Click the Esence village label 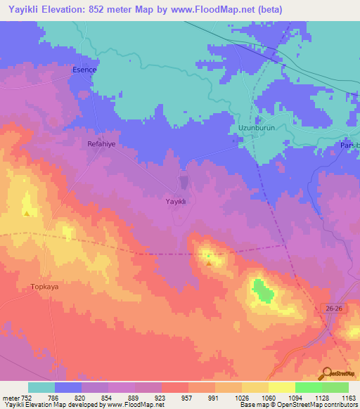click(x=84, y=71)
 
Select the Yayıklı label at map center click(x=175, y=201)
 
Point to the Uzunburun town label click(x=251, y=129)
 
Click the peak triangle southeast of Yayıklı click(x=210, y=263)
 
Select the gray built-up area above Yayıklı click(x=184, y=183)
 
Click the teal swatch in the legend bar click(x=41, y=387)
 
